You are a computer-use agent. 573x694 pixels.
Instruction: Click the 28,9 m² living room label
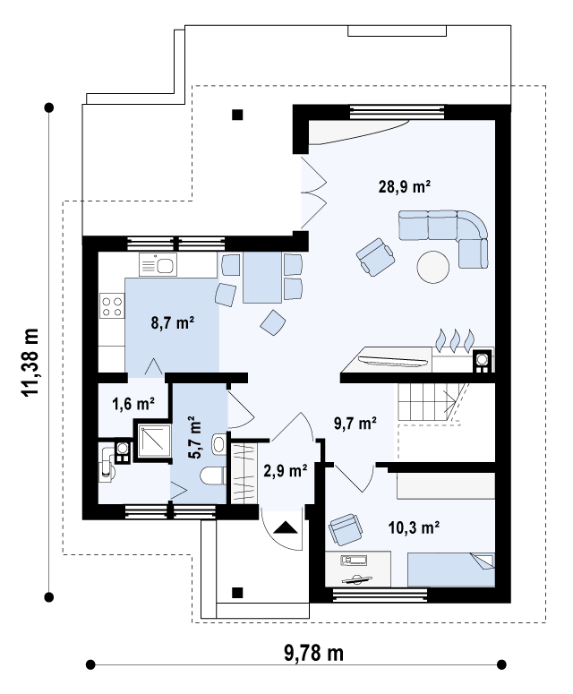click(x=405, y=186)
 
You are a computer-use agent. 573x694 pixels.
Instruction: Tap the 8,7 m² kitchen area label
click(x=173, y=322)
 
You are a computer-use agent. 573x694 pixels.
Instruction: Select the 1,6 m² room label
click(x=133, y=404)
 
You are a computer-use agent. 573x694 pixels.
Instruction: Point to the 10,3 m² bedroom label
click(x=414, y=527)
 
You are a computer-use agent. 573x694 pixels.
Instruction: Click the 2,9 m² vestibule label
click(x=286, y=470)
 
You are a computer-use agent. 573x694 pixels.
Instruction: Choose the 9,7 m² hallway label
click(x=355, y=424)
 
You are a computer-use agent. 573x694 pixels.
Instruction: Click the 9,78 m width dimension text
click(x=313, y=653)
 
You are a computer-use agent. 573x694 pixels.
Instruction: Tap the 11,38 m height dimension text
click(x=31, y=362)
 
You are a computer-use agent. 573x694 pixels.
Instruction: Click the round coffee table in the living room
click(x=433, y=267)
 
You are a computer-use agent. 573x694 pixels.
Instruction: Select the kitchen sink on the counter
click(x=158, y=265)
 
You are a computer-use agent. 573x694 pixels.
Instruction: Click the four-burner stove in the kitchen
click(x=112, y=306)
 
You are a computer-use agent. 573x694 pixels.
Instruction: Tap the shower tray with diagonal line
click(x=154, y=441)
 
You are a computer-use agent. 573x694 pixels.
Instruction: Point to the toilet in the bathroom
click(x=213, y=476)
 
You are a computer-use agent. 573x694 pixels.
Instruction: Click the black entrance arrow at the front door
click(x=286, y=527)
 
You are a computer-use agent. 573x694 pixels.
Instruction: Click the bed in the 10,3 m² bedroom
click(x=451, y=570)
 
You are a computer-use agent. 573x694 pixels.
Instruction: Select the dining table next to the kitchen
click(x=262, y=278)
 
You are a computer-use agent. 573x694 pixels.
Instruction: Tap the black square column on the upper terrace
click(x=237, y=116)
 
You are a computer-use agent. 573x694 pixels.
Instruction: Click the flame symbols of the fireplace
click(x=455, y=341)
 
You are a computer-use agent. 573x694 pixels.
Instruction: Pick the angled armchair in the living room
click(x=376, y=257)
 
